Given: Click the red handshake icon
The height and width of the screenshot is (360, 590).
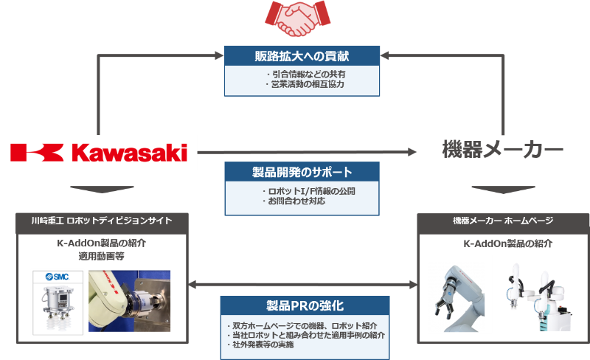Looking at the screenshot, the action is coord(297,18).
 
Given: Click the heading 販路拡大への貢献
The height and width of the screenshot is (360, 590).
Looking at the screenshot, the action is coord(302,56).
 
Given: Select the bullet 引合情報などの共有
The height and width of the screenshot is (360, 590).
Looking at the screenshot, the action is coord(305,75).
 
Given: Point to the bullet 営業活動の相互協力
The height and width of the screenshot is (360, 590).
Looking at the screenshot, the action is coord(305,84).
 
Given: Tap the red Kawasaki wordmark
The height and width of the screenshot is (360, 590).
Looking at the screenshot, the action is coord(129,153).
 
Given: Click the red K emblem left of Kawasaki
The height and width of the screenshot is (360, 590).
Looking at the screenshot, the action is coord(37,153).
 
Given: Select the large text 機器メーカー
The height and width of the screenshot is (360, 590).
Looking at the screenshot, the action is coord(503,150).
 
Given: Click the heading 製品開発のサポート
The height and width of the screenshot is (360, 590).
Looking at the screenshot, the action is coord(302,172).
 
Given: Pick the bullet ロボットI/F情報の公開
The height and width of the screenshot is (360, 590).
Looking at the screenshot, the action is coord(308,191).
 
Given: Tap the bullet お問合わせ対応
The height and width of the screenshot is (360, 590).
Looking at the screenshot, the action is coord(294,201).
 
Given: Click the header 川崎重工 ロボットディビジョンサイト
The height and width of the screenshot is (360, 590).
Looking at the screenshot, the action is coord(102,221).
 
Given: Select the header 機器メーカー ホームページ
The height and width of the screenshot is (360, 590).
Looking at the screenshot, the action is coord(503,221).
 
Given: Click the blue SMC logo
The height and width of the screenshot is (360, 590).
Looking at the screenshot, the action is coord(58,277).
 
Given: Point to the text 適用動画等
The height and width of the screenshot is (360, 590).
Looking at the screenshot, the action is coord(102,256).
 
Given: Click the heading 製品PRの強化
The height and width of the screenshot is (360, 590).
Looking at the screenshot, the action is coord(305,305).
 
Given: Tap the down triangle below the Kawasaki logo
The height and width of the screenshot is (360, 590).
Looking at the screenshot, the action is coord(102,189).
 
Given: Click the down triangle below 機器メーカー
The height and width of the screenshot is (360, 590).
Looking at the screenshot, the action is coord(504,190).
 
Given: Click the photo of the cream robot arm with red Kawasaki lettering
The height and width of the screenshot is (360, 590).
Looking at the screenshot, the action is coord(130,301).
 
